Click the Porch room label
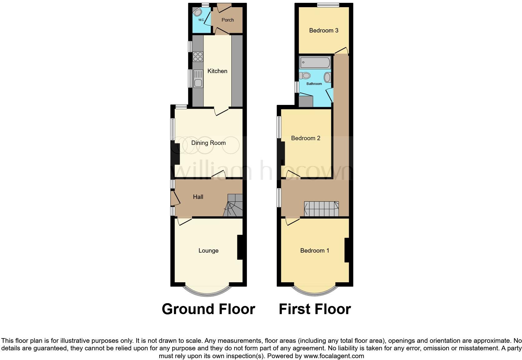click(x=228, y=20)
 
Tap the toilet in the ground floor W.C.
click(x=198, y=12)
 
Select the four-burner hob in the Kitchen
click(x=198, y=57)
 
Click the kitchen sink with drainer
click(x=198, y=78)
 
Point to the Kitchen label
click(x=217, y=71)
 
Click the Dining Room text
click(x=208, y=143)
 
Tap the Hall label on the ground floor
click(x=198, y=197)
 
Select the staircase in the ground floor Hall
click(x=234, y=205)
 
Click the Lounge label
click(x=208, y=251)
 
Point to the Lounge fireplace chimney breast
click(x=240, y=247)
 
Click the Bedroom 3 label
click(x=324, y=31)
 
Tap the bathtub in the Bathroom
click(x=315, y=62)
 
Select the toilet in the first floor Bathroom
click(x=305, y=76)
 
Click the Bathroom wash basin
click(x=327, y=77)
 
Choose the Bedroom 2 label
click(x=305, y=138)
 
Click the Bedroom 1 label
click(x=314, y=251)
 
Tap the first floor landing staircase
click(x=322, y=209)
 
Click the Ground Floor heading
click(x=208, y=309)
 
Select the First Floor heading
click(x=315, y=309)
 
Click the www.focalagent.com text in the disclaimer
click(x=333, y=356)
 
